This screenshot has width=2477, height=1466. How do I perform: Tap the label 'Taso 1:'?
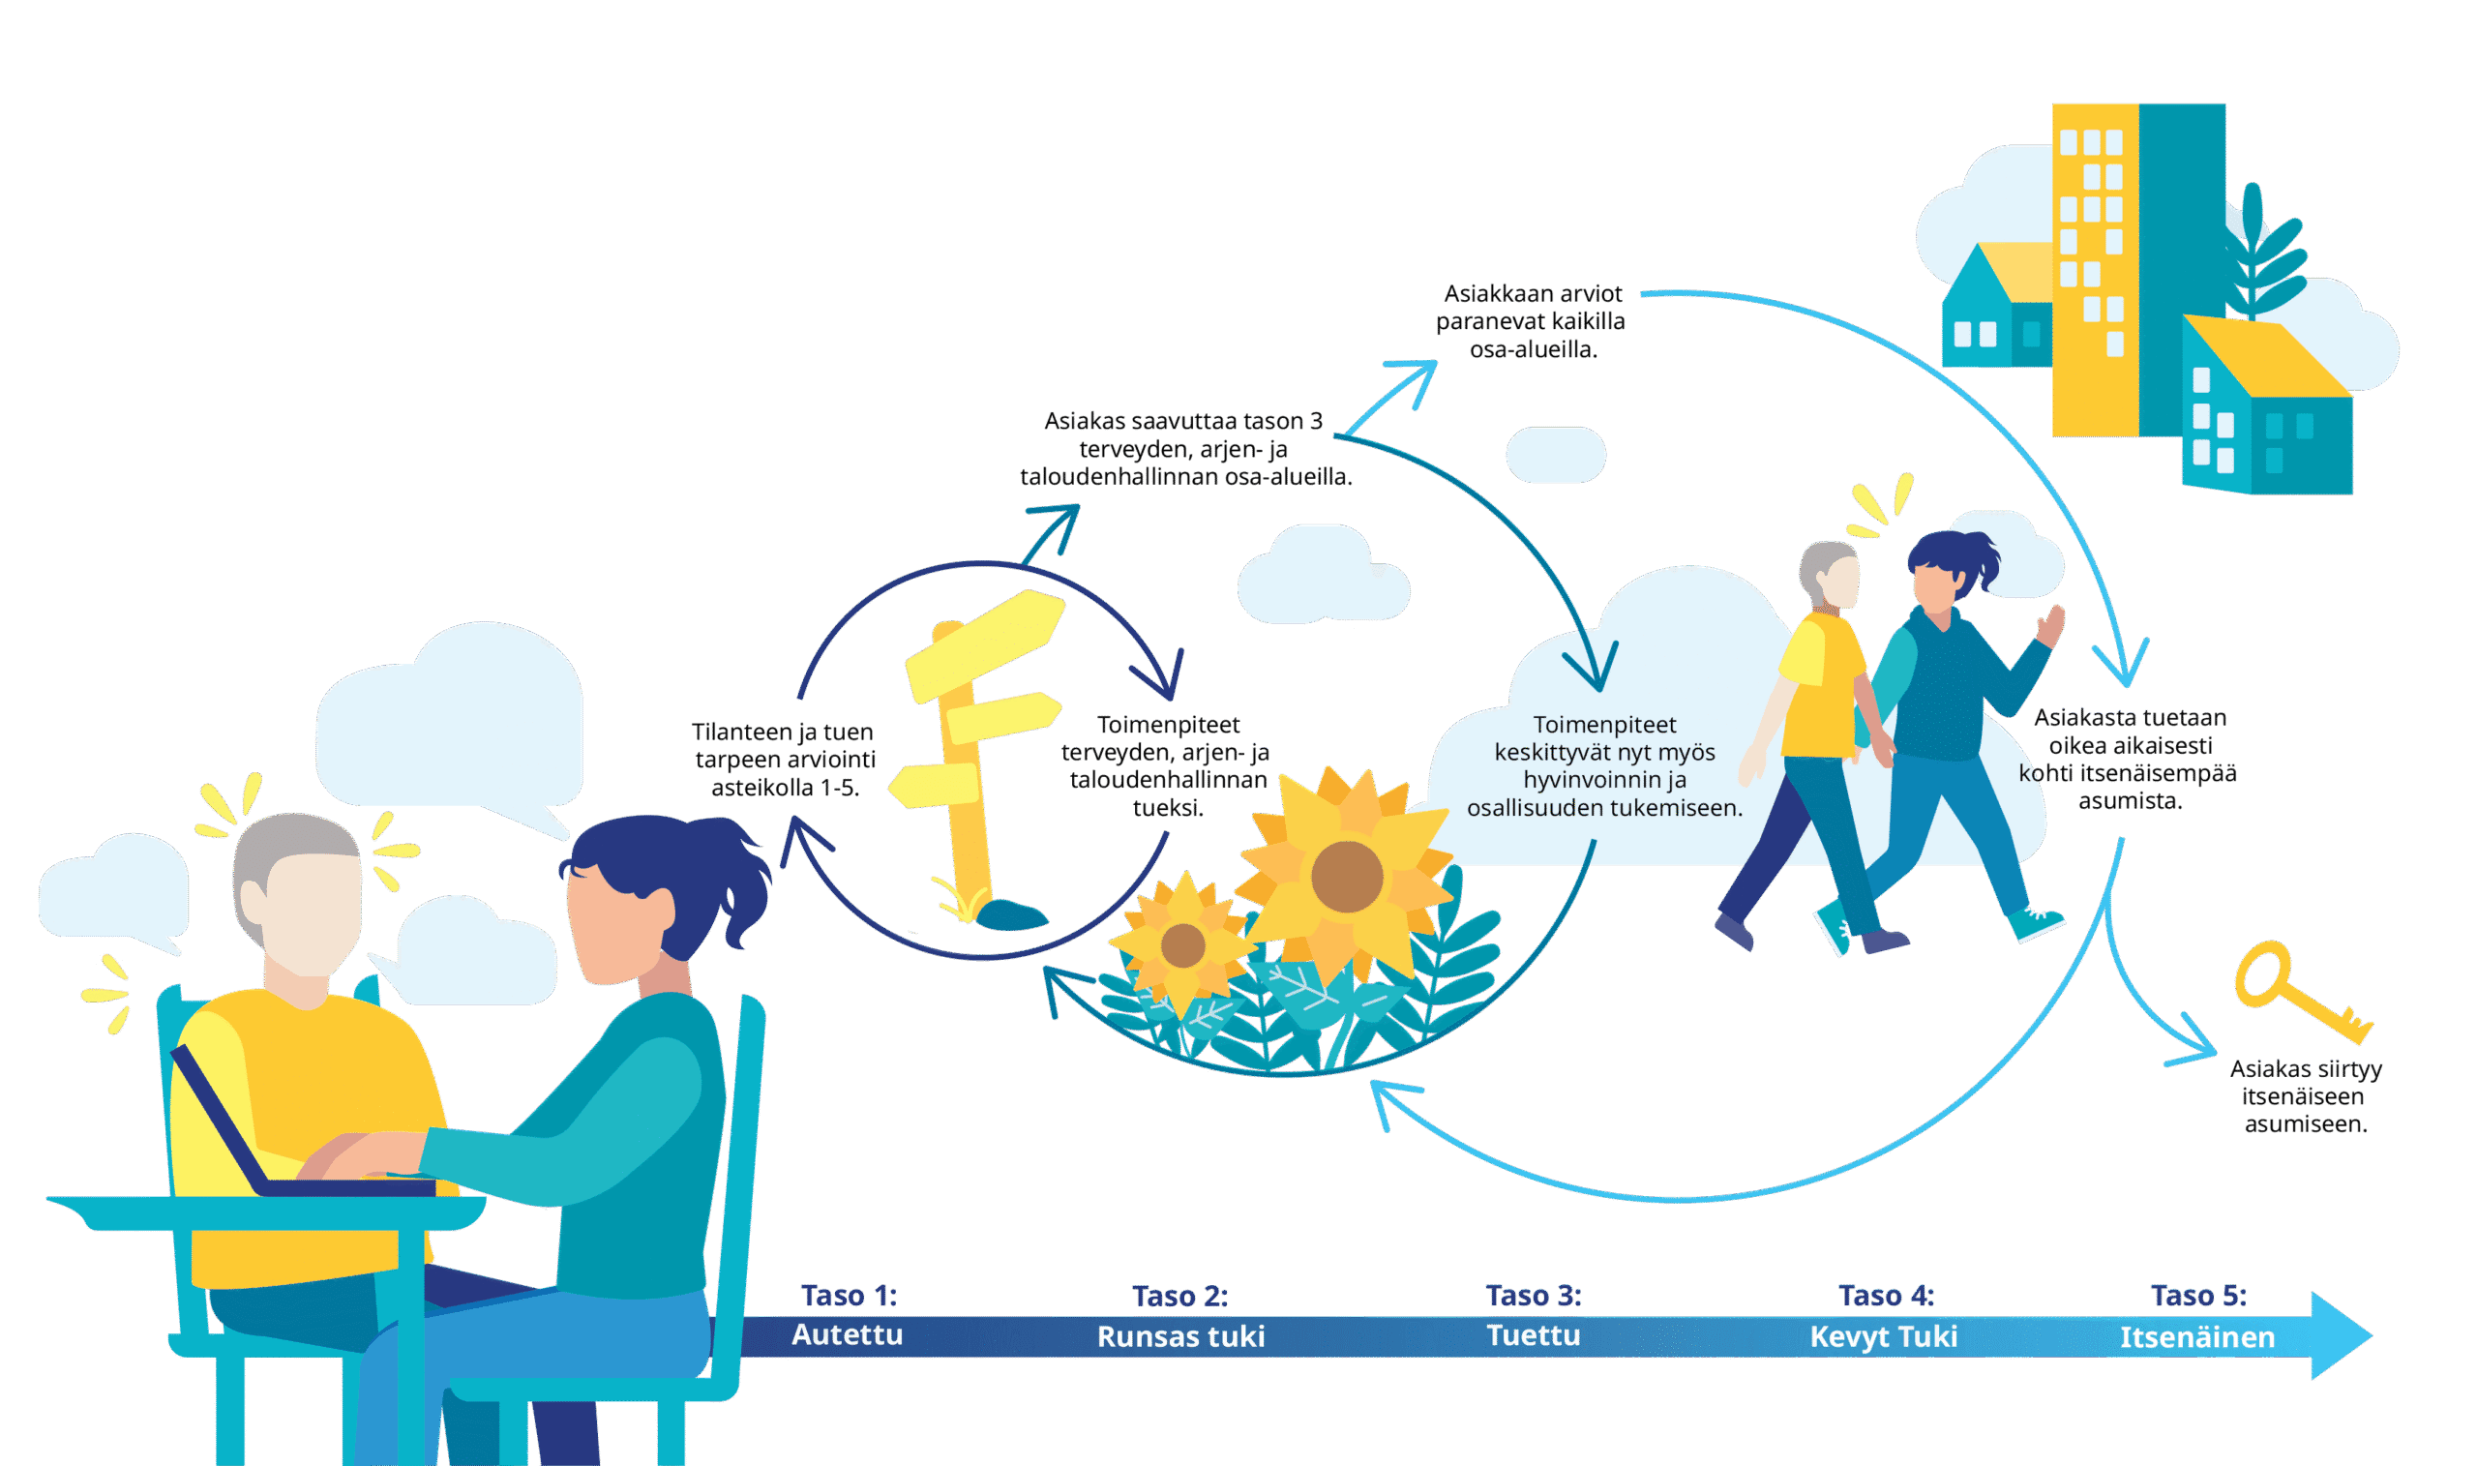click(849, 1295)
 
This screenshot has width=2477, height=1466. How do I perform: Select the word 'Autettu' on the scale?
click(848, 1334)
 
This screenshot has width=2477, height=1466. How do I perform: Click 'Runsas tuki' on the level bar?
click(1180, 1336)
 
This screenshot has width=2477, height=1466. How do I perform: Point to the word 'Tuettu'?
click(1533, 1335)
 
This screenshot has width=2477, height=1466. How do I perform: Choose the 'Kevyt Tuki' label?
click(1883, 1336)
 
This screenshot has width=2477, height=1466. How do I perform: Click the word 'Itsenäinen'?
click(2196, 1337)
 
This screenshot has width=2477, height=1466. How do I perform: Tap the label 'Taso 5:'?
click(2197, 1295)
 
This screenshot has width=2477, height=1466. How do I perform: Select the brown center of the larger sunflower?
click(1346, 876)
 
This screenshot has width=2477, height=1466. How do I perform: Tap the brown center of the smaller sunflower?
click(1182, 945)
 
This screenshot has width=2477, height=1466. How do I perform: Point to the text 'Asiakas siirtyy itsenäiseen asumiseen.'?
click(2305, 1096)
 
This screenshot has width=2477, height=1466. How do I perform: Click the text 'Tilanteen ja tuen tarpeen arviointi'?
click(784, 759)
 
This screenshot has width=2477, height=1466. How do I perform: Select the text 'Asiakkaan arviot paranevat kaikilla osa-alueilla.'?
click(1532, 321)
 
